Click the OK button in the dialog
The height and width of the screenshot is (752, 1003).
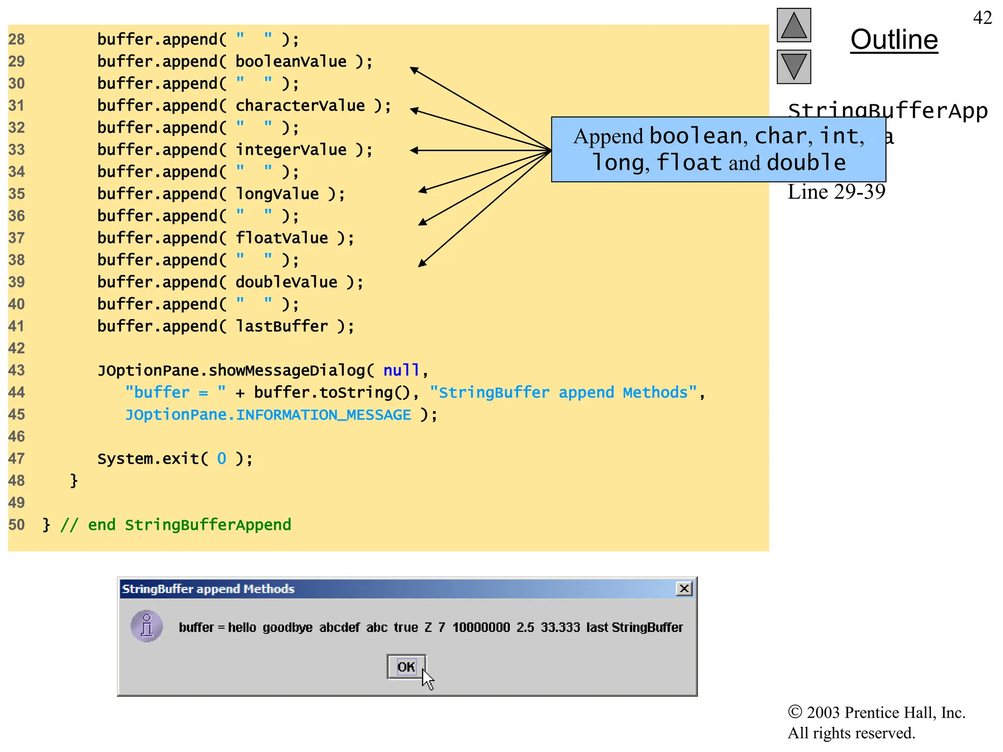pos(406,666)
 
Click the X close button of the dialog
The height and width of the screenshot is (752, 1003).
pos(684,588)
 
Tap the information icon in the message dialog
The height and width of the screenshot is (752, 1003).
pos(146,626)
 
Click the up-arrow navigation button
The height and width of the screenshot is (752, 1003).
pos(793,25)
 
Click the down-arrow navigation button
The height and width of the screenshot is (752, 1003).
pos(793,67)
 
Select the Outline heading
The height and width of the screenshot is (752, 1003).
pos(894,39)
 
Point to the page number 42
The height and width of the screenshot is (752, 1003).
pos(982,18)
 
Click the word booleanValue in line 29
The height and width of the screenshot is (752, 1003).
pos(291,62)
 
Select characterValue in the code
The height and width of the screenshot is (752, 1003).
pos(300,106)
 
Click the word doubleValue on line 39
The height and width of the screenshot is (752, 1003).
pos(287,282)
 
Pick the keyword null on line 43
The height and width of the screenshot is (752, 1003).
pos(401,370)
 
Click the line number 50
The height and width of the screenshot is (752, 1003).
pos(16,525)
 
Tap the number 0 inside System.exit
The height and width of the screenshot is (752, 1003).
pos(221,459)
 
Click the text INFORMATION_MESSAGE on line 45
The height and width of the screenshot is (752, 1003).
pos(323,415)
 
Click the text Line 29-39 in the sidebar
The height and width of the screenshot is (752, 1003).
pos(836,192)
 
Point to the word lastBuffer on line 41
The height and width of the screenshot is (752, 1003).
pos(282,326)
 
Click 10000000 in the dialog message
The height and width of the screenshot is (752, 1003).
pos(481,627)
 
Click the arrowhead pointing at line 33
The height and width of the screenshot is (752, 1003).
pos(414,150)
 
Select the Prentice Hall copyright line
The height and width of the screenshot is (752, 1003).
pos(876,712)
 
